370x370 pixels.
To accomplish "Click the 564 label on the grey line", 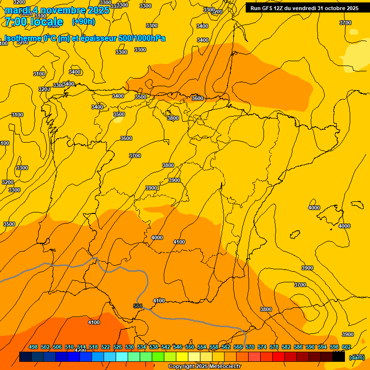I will pyautogui.click(x=138, y=306).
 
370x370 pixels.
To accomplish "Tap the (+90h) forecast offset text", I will pyautogui.click(x=83, y=22).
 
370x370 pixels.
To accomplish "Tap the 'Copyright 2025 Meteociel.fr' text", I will pyautogui.click(x=205, y=367).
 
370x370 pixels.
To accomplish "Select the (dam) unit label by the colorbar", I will pyautogui.click(x=357, y=357).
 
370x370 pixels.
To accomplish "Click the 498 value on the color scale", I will pyautogui.click(x=33, y=347).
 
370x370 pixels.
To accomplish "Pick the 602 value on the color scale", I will pyautogui.click(x=346, y=347).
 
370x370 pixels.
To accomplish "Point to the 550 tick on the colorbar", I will pyautogui.click(x=190, y=347).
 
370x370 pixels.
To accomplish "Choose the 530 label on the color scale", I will pyautogui.click(x=130, y=347).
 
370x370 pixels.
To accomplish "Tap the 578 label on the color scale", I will pyautogui.click(x=274, y=347).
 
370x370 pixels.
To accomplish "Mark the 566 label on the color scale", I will pyautogui.click(x=238, y=347).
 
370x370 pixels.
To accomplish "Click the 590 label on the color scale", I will pyautogui.click(x=310, y=347).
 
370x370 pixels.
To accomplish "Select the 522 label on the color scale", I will pyautogui.click(x=106, y=347).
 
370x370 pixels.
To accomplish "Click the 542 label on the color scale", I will pyautogui.click(x=166, y=347).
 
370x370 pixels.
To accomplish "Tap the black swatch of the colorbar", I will pyautogui.click(x=339, y=357).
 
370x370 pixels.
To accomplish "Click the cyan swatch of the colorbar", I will pyautogui.click(x=122, y=357).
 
